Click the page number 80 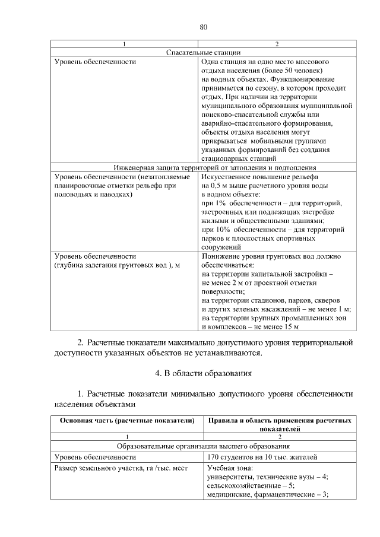203,27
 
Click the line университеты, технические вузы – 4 267,476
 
